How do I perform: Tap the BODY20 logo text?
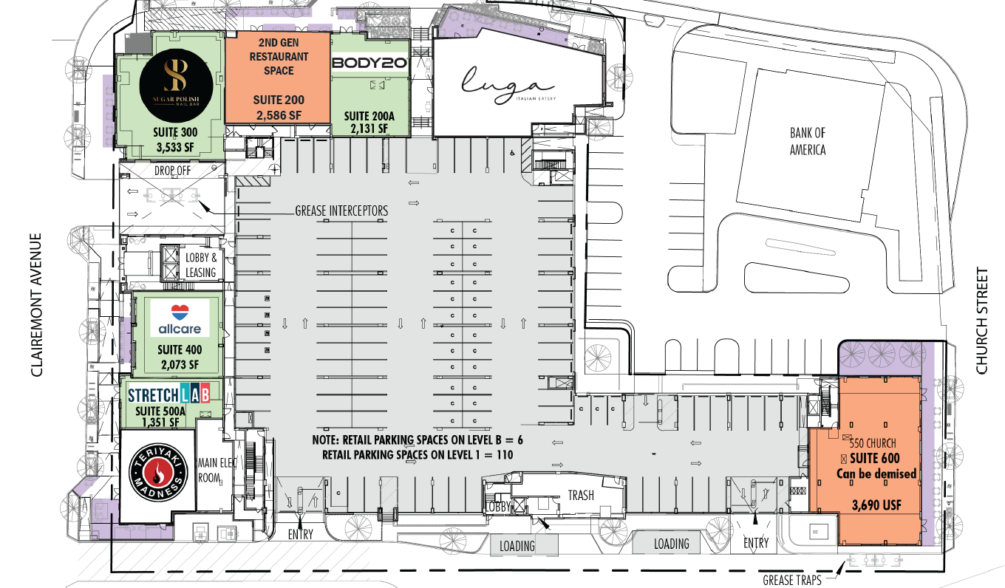[x=369, y=64]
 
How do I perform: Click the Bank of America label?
[x=807, y=141]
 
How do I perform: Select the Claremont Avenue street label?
[x=38, y=306]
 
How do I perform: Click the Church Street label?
[x=981, y=321]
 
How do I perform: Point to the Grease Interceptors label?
[x=341, y=211]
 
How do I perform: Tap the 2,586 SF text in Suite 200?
[x=278, y=115]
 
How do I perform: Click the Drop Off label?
[x=171, y=171]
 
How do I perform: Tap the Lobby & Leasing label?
[x=200, y=265]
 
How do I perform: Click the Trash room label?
[x=581, y=495]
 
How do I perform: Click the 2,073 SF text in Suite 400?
[x=177, y=364]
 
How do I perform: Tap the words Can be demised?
[x=876, y=474]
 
